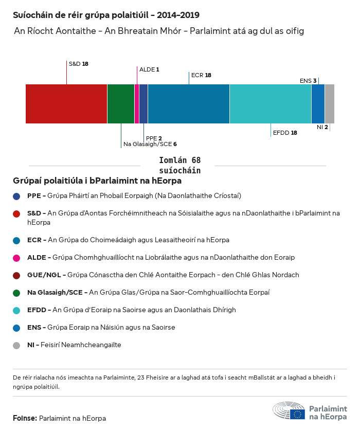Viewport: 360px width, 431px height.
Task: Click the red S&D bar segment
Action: click(x=66, y=104)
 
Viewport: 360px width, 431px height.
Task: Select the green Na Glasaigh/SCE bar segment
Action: click(x=121, y=104)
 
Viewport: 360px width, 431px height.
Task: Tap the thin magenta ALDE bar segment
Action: click(x=137, y=104)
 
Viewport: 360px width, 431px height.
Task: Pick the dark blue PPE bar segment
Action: click(x=143, y=104)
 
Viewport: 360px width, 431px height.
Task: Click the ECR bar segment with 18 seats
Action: click(x=189, y=104)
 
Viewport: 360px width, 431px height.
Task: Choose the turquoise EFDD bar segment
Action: click(x=271, y=104)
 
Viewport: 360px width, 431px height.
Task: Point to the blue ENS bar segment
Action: click(x=318, y=104)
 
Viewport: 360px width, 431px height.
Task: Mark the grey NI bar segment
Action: click(x=330, y=104)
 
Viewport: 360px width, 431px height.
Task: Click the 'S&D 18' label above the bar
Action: click(x=79, y=64)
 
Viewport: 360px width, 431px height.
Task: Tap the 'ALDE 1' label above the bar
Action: click(x=150, y=69)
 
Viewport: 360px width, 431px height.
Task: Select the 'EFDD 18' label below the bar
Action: click(x=285, y=132)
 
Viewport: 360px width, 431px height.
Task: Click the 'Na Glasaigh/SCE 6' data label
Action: click(x=150, y=145)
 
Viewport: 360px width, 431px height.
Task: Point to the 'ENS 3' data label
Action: click(x=308, y=80)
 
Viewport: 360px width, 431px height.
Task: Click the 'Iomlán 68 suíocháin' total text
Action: click(x=180, y=166)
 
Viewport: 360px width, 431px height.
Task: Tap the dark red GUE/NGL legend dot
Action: click(x=17, y=275)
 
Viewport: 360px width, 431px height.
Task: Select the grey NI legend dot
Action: click(x=17, y=345)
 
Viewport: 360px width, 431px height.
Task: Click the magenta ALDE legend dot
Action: click(x=17, y=258)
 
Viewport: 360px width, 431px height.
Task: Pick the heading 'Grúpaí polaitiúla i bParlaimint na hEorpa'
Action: click(x=97, y=181)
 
